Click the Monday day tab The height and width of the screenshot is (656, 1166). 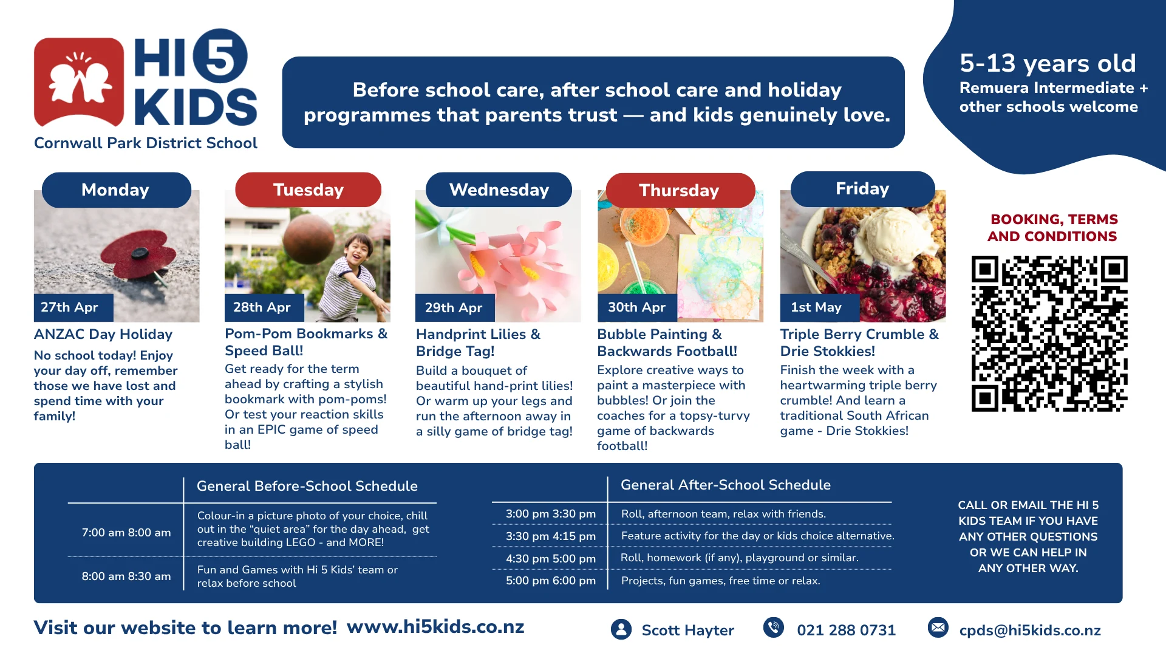tap(116, 190)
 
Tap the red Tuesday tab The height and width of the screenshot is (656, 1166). tap(308, 190)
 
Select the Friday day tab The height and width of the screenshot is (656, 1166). tap(862, 189)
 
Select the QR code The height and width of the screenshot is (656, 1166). tap(1049, 333)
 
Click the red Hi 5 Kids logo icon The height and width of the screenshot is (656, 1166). tap(79, 82)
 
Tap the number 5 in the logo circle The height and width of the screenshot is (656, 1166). tap(220, 56)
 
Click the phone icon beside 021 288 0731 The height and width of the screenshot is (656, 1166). tap(774, 627)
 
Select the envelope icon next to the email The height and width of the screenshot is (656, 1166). tap(938, 627)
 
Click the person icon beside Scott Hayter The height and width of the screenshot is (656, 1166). tap(621, 629)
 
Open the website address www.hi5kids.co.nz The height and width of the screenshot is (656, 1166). tap(435, 627)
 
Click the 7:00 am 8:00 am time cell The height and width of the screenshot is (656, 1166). tap(126, 533)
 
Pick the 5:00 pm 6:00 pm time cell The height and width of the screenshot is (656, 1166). tap(551, 581)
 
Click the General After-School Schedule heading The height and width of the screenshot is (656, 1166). tap(726, 485)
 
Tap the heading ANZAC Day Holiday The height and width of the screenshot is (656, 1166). tap(103, 334)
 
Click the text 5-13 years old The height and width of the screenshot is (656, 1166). tap(1048, 63)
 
